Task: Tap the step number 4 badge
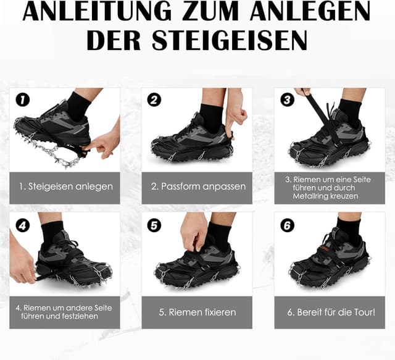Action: coord(23,225)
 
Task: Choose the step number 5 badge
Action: coord(154,225)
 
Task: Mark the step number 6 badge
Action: coord(287,225)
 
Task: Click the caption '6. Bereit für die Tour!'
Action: coord(330,312)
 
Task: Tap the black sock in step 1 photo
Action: coord(78,106)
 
